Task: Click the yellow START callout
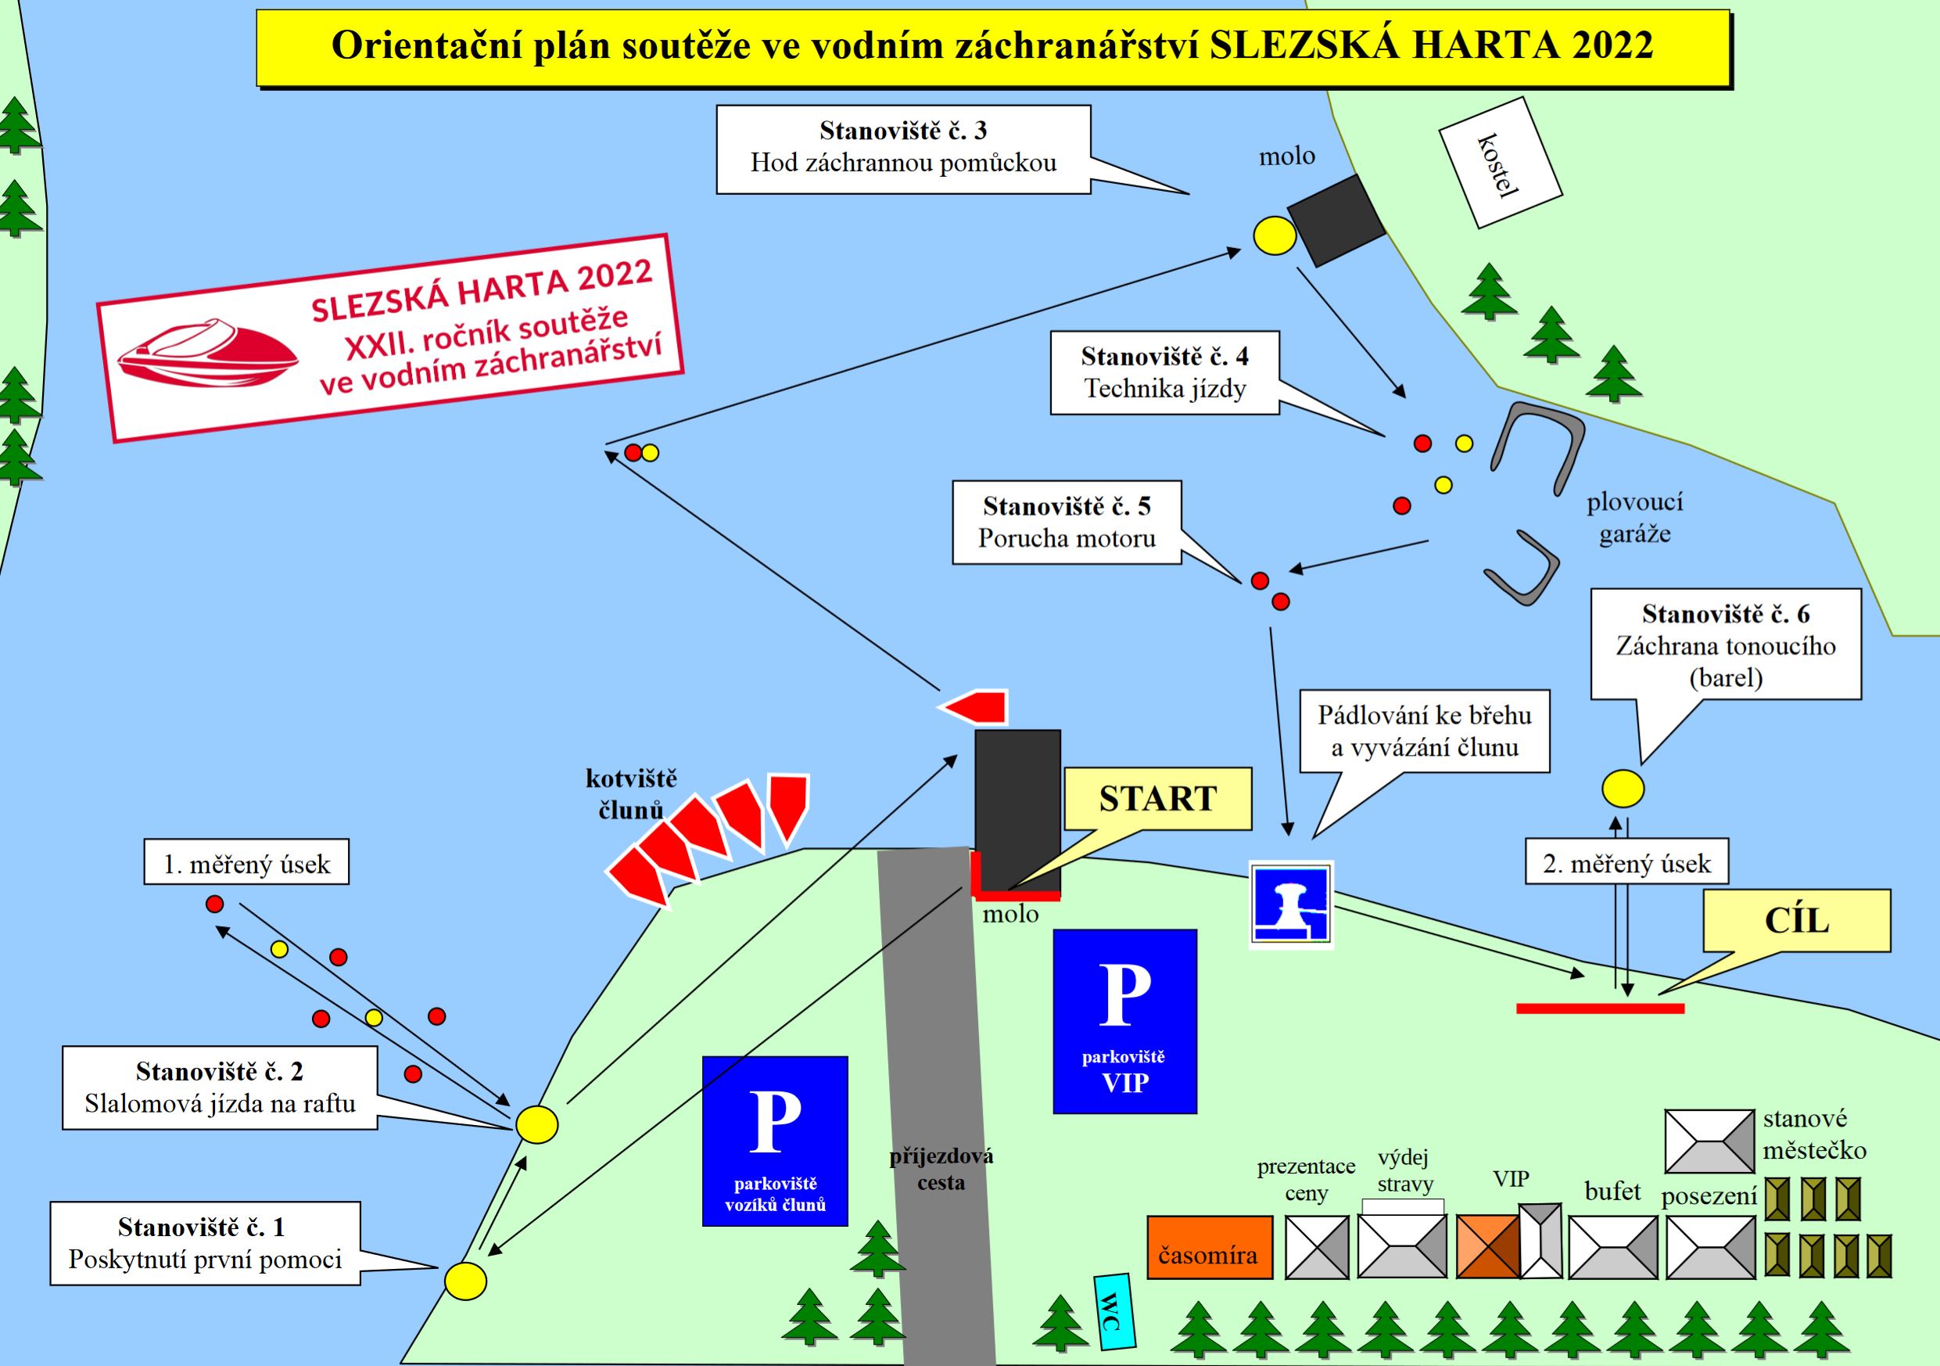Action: point(1156,799)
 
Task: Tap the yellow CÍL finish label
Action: point(1796,921)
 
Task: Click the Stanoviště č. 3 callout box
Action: point(903,148)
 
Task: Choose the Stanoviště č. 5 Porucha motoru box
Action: point(1067,523)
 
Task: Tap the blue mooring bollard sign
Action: point(1290,903)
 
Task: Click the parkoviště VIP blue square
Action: point(1124,1020)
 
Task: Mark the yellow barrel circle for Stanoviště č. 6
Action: point(1623,789)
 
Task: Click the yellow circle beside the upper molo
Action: point(1273,234)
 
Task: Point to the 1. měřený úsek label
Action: point(246,861)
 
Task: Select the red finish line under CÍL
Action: point(1600,1008)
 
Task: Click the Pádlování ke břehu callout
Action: point(1425,732)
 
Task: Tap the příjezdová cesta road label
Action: point(941,1168)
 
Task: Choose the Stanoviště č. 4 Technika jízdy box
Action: point(1164,372)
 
